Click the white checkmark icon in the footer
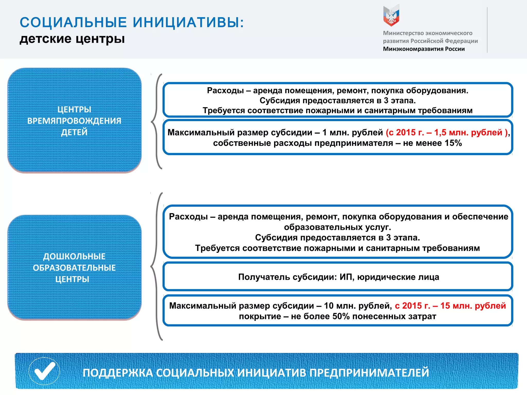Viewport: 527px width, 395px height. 45,371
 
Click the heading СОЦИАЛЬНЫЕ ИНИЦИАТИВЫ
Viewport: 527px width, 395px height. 131,22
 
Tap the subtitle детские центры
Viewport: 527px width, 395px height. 72,39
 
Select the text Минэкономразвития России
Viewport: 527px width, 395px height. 424,49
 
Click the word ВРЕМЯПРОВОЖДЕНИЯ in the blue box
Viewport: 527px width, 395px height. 74,121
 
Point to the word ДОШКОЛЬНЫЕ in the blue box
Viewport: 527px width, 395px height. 74,256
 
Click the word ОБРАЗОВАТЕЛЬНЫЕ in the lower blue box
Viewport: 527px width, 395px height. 74,268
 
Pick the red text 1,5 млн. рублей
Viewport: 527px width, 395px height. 468,132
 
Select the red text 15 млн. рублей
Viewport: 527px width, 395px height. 473,306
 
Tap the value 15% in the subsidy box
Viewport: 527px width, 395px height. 453,143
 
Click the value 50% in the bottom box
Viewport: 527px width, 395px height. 341,316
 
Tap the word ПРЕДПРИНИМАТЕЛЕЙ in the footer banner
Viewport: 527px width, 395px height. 369,373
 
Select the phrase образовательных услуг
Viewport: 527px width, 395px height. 337,227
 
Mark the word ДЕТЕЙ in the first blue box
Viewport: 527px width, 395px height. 74,132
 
